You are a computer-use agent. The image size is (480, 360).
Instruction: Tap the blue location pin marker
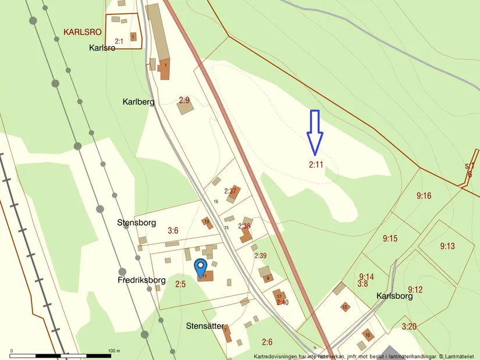point(200,268)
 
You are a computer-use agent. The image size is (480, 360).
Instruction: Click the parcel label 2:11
point(316,165)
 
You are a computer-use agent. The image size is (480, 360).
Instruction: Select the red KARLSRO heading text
point(86,32)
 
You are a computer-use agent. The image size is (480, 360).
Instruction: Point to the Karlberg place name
point(138,102)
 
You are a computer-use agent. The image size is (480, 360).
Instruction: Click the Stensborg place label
point(137,222)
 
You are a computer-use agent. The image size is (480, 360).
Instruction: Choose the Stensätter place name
point(205,325)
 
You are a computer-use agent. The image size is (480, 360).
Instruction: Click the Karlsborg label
point(394,295)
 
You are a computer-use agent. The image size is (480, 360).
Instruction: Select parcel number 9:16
point(424,196)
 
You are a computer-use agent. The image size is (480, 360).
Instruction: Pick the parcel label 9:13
point(447,246)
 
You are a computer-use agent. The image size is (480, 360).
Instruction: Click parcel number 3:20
point(409,326)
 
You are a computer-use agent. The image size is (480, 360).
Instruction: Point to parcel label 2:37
point(230,191)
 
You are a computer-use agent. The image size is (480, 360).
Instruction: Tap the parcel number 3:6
point(173,231)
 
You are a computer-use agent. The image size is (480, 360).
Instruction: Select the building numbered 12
point(344,306)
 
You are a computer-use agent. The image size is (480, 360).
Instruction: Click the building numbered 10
point(367,334)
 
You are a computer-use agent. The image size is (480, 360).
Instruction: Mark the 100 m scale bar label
point(113,351)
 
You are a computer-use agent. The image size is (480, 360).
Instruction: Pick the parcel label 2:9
point(184,99)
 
